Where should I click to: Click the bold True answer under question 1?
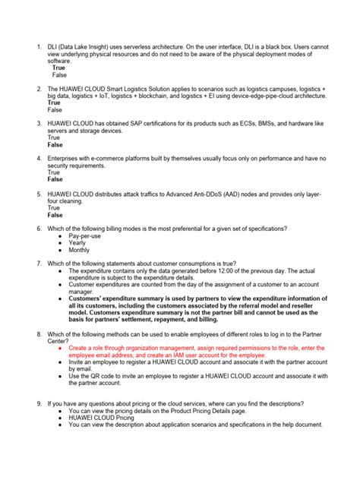pyautogui.click(x=58, y=68)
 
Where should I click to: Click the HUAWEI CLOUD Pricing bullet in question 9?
pyautogui.click(x=101, y=418)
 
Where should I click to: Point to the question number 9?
pyautogui.click(x=39, y=403)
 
